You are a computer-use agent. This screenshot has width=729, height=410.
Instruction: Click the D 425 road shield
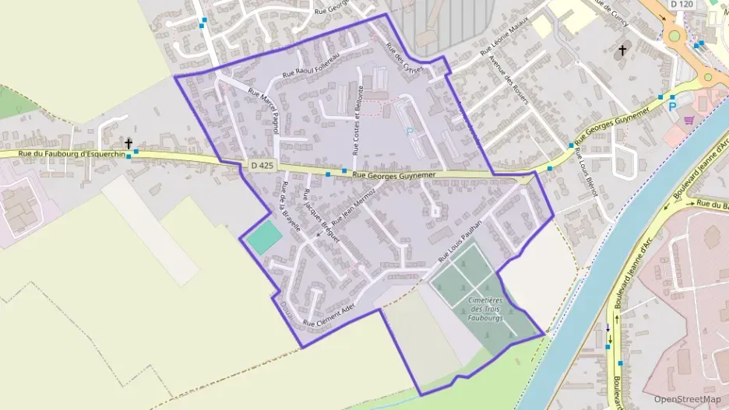tap(262, 165)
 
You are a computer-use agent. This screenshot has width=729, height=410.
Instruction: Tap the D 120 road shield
tap(681, 5)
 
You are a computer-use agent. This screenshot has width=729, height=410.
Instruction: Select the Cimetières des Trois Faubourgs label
tap(486, 309)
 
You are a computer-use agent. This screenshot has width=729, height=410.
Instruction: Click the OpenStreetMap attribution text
tap(687, 399)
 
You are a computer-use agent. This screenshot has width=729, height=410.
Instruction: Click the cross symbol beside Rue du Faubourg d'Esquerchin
tap(128, 144)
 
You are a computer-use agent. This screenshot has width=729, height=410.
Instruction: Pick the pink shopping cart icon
tap(688, 121)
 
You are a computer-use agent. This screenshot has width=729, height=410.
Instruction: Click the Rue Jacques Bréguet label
tap(322, 219)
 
